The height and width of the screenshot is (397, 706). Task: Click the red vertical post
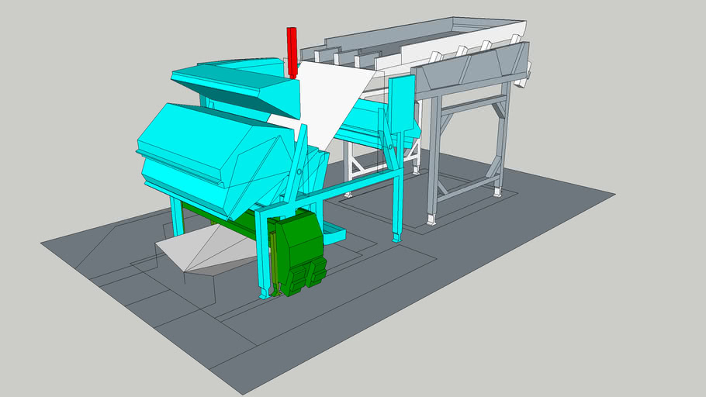click(292, 51)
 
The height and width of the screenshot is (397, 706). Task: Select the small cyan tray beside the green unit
click(334, 230)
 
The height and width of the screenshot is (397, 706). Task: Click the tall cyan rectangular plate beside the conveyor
click(400, 105)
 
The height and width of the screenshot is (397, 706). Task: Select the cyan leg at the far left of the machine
click(176, 216)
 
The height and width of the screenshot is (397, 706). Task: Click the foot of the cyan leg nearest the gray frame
click(396, 235)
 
